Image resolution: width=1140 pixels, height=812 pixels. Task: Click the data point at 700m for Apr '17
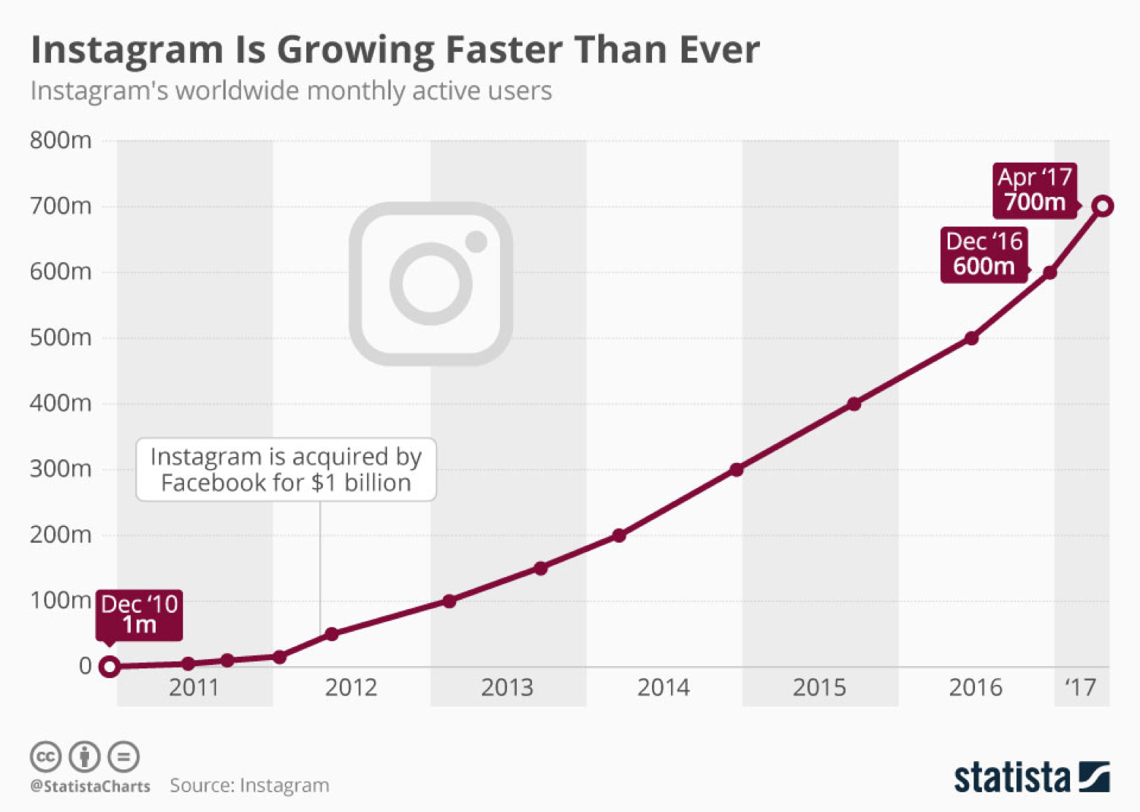1103,206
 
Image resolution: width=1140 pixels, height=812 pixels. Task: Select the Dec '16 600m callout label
983,255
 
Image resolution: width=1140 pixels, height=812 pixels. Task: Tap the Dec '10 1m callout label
139,614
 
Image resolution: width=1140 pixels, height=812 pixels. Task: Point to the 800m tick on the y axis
61,141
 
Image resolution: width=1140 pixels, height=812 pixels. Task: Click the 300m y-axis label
61,469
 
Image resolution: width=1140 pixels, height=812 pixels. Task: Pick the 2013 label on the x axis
507,687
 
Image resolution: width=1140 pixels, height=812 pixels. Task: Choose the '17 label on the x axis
1080,687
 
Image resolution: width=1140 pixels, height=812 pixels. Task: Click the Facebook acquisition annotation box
286,469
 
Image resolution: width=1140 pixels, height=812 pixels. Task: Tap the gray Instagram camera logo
431,284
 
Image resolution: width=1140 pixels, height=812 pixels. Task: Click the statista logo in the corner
1031,777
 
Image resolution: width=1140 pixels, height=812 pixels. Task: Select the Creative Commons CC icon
46,756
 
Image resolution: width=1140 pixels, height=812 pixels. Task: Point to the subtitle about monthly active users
291,91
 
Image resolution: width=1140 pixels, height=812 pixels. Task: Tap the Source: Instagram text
249,785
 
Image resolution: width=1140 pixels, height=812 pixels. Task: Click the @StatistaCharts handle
90,786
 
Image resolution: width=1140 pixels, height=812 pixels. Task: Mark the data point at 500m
971,338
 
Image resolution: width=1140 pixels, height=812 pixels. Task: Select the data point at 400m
854,404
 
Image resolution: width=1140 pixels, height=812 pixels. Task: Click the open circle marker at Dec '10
109,667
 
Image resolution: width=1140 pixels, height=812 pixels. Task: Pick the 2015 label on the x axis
819,687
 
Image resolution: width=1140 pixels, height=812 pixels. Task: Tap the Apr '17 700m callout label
1034,190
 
